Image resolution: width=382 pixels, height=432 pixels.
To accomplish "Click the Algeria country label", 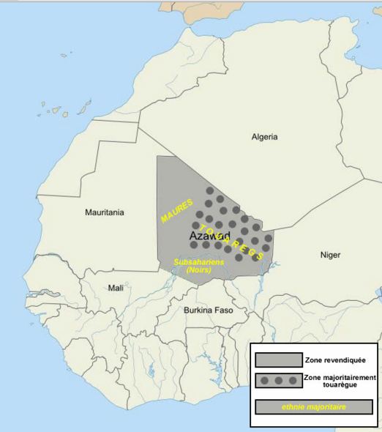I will point(264,137).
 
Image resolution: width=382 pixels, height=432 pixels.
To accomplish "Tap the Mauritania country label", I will point(105,213).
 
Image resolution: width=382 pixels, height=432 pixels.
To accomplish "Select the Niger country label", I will point(330,255).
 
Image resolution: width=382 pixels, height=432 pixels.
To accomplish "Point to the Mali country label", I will point(116,288).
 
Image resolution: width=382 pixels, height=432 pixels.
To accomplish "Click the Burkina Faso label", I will point(209,310).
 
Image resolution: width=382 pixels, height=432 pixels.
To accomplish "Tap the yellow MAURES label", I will point(176,210).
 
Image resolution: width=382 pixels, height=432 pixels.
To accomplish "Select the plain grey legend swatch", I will point(278,360).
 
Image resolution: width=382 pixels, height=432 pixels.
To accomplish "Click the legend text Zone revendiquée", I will point(336,360).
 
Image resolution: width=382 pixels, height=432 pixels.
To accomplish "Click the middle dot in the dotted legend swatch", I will point(278,381).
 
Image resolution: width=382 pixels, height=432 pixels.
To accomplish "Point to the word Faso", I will point(222,310).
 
